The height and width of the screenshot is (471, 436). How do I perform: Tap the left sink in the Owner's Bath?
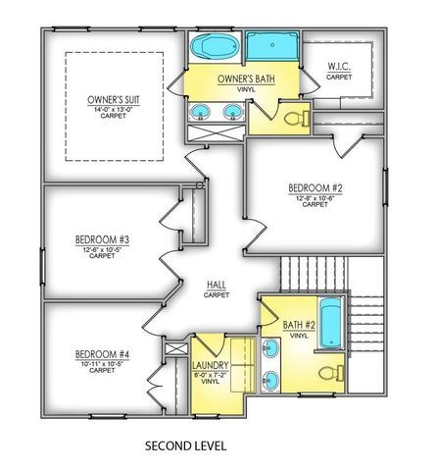201,111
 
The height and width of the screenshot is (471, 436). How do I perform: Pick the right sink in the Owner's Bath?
233,111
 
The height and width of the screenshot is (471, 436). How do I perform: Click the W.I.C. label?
338,67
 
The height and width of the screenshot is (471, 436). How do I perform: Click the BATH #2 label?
299,326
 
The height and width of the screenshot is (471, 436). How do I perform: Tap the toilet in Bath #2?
334,373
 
